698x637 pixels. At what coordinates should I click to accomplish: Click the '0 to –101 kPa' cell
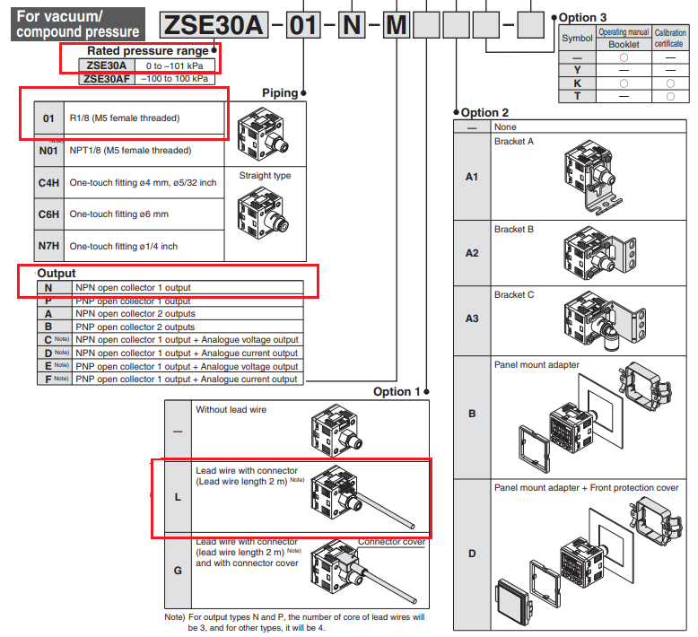[175, 65]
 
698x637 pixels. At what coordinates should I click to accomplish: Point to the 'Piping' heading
[280, 93]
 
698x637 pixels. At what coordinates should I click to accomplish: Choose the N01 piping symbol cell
[49, 151]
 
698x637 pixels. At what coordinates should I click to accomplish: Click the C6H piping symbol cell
[49, 214]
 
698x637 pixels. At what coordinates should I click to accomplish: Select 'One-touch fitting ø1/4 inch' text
[124, 247]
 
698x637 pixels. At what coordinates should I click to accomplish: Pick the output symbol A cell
[49, 314]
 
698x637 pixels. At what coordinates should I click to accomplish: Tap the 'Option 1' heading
[397, 392]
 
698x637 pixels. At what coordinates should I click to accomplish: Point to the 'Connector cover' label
[391, 542]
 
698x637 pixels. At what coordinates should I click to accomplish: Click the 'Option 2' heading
[484, 112]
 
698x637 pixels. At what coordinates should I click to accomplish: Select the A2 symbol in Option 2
[472, 253]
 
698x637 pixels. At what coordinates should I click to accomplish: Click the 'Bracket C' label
[514, 294]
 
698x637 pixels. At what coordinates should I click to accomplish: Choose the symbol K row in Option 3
[577, 83]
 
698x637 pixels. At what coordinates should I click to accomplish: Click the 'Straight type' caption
[265, 176]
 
